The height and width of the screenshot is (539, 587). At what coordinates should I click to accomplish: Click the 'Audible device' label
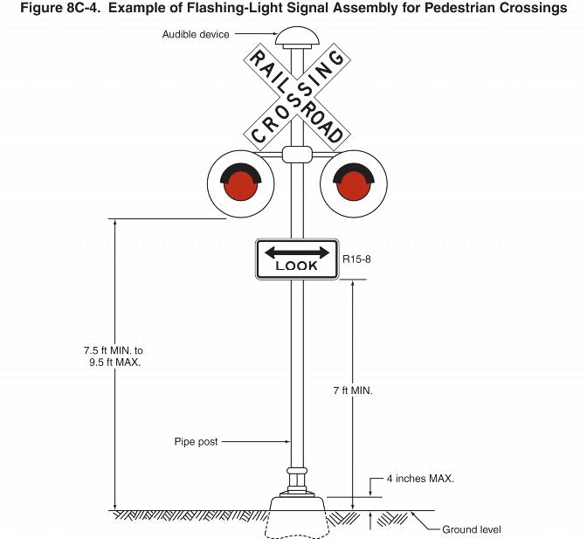[x=196, y=35]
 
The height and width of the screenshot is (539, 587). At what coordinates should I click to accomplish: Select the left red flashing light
[x=238, y=184]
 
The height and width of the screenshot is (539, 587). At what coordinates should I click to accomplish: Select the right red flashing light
[x=354, y=184]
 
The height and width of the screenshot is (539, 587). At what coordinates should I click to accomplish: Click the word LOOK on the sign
[x=297, y=266]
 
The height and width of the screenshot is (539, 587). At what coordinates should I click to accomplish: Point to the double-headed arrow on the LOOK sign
[x=297, y=252]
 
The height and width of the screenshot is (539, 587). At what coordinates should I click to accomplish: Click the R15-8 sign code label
[x=358, y=259]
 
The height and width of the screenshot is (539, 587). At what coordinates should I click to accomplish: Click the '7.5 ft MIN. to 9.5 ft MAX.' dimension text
[x=109, y=355]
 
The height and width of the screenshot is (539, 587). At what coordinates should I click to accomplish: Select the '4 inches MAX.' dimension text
[x=420, y=479]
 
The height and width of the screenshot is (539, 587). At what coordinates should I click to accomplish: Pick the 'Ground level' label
[x=472, y=529]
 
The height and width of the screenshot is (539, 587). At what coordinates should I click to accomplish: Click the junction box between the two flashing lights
[x=297, y=155]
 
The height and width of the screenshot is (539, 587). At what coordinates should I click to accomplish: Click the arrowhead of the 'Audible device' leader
[x=273, y=35]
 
